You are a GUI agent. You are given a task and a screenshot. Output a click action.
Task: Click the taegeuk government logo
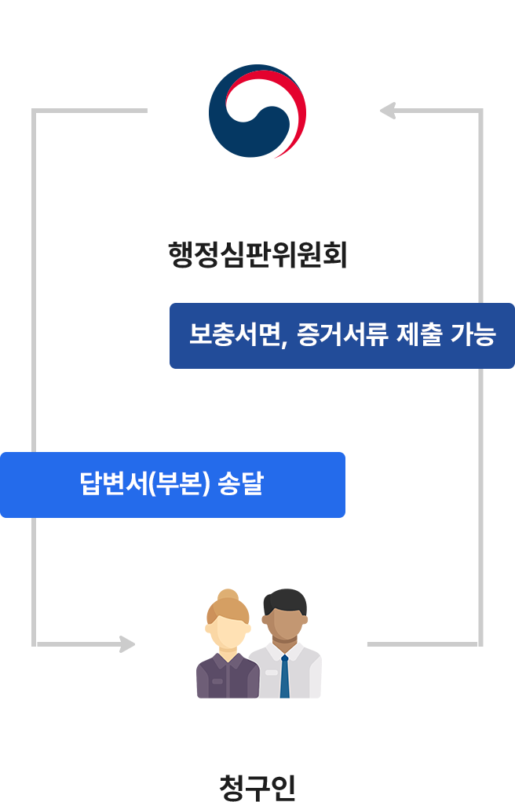coord(257,111)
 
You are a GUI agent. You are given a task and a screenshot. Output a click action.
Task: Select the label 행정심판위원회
coord(257,254)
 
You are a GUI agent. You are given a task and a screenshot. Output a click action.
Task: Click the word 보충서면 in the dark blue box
coord(232,335)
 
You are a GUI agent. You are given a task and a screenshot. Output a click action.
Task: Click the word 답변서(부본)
coord(148,484)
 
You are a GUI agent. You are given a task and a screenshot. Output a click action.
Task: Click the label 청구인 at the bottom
coord(257,786)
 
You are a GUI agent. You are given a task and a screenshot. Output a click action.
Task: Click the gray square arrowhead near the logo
coord(388,111)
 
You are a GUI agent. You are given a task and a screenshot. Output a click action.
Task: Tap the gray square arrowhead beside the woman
coord(127,644)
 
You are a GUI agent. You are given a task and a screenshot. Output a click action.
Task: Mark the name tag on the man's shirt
coord(271,672)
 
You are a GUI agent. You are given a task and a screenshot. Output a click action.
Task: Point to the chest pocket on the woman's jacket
coord(217,681)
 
